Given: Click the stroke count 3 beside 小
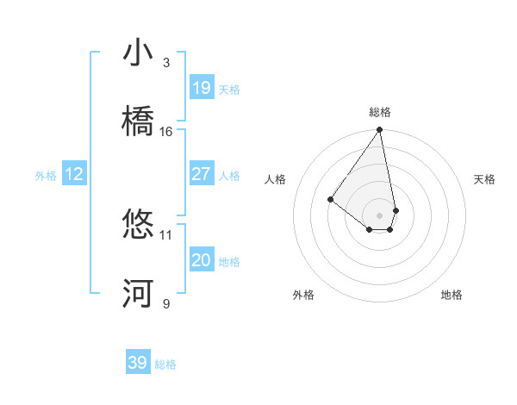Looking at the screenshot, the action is [x=166, y=63].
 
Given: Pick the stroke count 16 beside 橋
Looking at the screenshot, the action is [x=166, y=132].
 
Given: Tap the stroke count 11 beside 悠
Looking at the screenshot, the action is [x=166, y=234].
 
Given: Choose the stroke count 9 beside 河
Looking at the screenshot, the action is [x=166, y=303].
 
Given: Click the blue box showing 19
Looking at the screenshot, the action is [x=201, y=88].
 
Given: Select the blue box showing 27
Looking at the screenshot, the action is [x=201, y=174].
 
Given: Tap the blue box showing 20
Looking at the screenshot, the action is [x=201, y=260].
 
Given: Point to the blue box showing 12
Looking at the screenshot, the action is [x=73, y=174].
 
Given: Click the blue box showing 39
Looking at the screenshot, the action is [x=138, y=363].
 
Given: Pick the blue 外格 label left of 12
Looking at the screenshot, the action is [x=46, y=176].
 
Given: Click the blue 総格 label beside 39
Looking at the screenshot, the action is [x=165, y=364].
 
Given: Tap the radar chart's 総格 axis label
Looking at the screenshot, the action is [x=380, y=112].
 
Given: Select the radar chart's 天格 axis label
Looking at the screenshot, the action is [x=484, y=179].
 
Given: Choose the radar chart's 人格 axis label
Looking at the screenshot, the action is [x=276, y=179].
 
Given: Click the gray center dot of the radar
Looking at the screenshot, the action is [x=380, y=215].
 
